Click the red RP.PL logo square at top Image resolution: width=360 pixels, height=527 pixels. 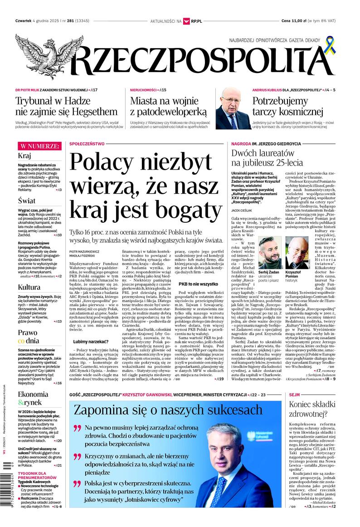point(186,21)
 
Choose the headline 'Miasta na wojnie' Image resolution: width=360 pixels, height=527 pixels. point(168,101)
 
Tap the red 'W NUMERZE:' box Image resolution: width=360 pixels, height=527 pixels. point(39,146)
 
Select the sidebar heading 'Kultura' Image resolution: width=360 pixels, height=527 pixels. point(29,287)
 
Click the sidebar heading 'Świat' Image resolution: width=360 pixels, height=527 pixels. point(27,200)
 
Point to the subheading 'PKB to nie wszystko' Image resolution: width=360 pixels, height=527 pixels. point(198,284)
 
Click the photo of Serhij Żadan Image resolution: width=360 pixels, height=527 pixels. point(269,252)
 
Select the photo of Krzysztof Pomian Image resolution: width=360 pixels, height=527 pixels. point(297,252)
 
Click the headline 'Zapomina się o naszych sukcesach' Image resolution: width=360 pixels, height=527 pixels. point(168,410)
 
